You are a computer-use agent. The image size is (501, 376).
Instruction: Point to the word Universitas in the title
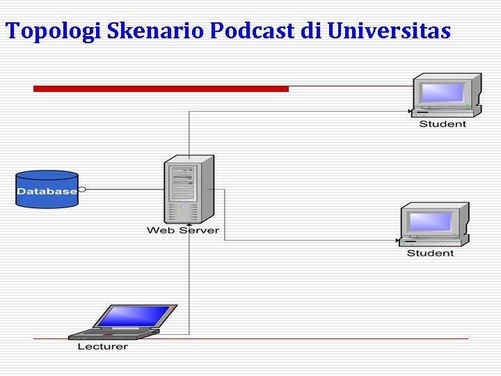pos(388,31)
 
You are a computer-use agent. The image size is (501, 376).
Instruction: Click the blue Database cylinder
pos(47,189)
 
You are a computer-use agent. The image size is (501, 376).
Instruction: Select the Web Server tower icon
pos(187,188)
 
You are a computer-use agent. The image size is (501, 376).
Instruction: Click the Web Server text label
pos(183,230)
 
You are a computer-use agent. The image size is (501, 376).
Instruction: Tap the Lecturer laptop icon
pos(125,322)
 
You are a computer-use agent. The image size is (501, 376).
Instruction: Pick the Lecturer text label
pos(102,346)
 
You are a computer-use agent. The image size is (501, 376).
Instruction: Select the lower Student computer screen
pos(431,221)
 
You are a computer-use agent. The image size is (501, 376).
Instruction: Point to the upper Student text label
pos(443,124)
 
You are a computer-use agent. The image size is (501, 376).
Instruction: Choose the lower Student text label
pos(430,253)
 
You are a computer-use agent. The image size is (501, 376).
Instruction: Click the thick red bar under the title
pos(161,88)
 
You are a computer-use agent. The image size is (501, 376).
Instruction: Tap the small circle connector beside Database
pos(82,189)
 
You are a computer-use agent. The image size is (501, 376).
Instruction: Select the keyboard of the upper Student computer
pos(445,112)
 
